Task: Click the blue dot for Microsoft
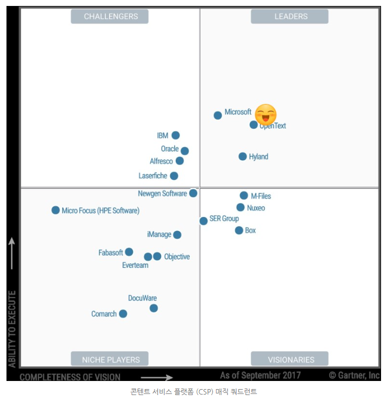218,115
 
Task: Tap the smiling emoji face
265,114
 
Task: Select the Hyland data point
243,156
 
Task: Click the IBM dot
176,135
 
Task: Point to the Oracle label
170,149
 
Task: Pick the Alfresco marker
179,161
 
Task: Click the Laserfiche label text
153,176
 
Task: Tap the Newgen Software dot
193,193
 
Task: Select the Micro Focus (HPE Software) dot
56,210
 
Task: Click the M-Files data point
244,195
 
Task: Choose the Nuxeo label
256,208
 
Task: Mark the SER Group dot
203,221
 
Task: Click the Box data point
239,231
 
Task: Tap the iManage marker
177,235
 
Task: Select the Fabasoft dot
129,252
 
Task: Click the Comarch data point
123,314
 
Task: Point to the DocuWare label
142,298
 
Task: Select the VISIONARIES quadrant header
291,359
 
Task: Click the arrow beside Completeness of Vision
157,378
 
